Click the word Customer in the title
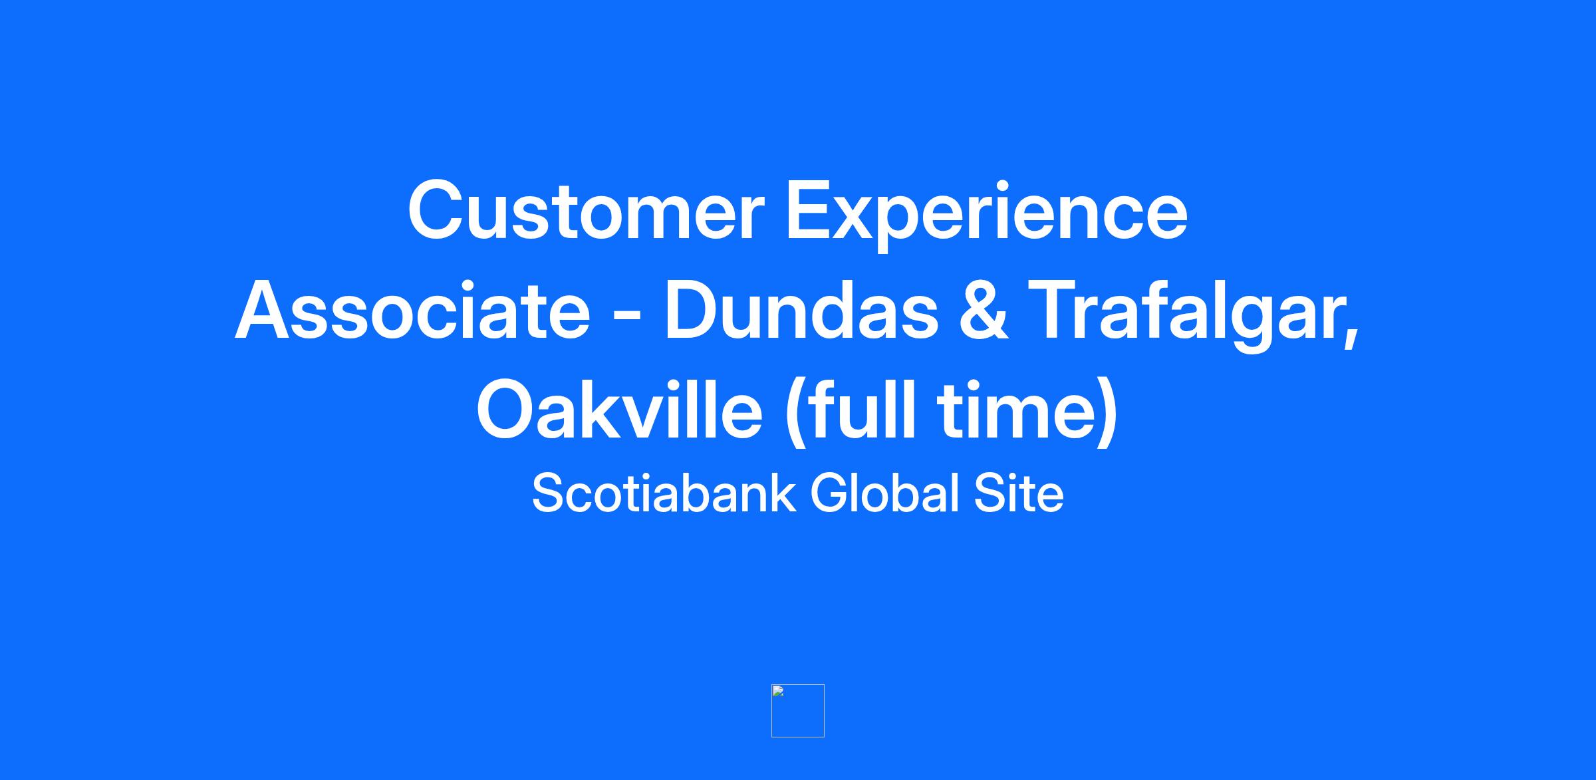click(x=585, y=210)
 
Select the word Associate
click(x=412, y=310)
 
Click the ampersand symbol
click(x=984, y=310)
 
